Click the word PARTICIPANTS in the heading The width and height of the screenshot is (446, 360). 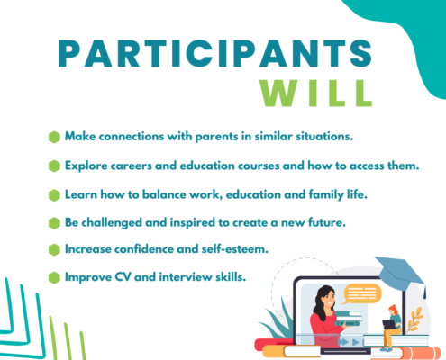214,53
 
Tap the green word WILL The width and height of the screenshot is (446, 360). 316,94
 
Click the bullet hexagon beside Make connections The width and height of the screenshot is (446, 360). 54,137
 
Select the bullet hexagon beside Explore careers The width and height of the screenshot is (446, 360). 54,166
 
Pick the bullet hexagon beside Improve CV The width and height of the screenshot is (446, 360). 54,277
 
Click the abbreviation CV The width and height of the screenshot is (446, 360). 123,277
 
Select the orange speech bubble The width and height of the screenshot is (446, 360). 361,293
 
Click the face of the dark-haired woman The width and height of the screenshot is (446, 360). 329,300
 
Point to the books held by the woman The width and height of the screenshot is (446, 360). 349,319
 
